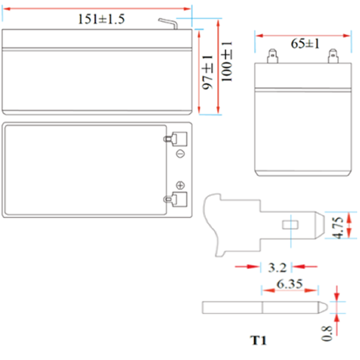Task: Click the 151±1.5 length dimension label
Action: pos(101,19)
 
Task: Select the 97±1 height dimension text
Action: pos(207,73)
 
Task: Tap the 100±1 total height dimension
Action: pos(227,60)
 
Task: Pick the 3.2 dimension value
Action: pos(277,268)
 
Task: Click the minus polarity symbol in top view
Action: pos(179,153)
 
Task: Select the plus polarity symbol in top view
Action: pos(179,184)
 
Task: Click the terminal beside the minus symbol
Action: pos(177,138)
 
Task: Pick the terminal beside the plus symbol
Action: pos(177,199)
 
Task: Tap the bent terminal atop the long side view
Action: pos(168,24)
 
